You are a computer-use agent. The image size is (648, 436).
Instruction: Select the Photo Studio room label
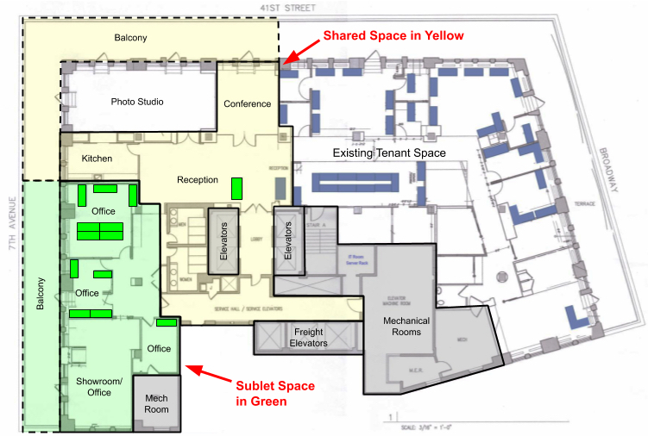pyautogui.click(x=137, y=102)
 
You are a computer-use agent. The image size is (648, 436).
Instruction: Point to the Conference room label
pyautogui.click(x=248, y=104)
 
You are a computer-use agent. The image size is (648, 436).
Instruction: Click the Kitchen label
pyautogui.click(x=97, y=159)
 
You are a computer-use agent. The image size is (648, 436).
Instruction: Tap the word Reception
pyautogui.click(x=198, y=180)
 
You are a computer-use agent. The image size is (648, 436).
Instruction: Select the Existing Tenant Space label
pyautogui.click(x=389, y=153)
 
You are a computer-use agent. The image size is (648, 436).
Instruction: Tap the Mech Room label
pyautogui.click(x=156, y=403)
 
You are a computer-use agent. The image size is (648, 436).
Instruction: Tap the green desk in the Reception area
pyautogui.click(x=236, y=186)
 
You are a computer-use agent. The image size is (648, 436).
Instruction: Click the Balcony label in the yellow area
pyautogui.click(x=130, y=38)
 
